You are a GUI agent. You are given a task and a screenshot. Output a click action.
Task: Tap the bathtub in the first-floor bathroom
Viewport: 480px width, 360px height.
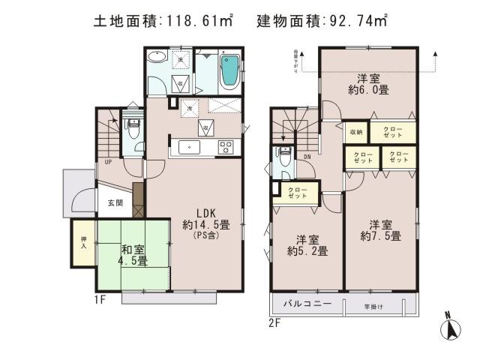point(229,70)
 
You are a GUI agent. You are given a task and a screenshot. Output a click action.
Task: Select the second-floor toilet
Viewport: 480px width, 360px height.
point(284,158)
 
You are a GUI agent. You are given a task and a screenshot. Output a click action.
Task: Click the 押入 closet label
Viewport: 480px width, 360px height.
point(83,241)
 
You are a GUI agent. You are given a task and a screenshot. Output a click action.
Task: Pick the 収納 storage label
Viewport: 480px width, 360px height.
point(355,132)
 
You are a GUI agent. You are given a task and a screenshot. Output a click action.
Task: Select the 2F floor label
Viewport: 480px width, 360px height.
point(275,323)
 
